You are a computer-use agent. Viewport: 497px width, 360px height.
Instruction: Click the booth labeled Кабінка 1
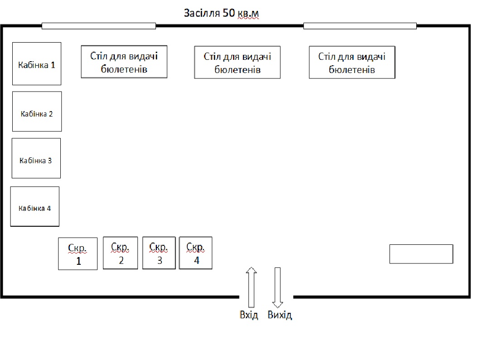(37, 63)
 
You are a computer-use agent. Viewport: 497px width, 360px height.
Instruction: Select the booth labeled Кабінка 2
(37, 112)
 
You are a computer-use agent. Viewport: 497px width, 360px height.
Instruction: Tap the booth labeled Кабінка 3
(36, 158)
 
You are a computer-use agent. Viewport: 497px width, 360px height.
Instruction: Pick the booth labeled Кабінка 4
(35, 206)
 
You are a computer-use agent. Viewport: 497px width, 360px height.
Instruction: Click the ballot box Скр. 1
(78, 254)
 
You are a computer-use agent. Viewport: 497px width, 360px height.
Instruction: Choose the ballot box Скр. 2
(121, 253)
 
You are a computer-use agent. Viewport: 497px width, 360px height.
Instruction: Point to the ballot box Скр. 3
(159, 253)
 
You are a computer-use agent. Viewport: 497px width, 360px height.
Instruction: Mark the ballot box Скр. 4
(196, 253)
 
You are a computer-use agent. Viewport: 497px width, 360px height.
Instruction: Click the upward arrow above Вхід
(251, 287)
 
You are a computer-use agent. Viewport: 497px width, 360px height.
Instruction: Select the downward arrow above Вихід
(278, 287)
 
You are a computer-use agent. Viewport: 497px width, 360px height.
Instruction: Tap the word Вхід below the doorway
(249, 315)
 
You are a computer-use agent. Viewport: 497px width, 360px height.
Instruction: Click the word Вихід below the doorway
(280, 315)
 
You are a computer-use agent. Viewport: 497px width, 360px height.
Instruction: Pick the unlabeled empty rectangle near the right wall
(421, 254)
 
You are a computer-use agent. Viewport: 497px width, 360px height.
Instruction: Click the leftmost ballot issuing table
(124, 62)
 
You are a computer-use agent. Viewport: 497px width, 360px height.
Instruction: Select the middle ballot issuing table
(237, 63)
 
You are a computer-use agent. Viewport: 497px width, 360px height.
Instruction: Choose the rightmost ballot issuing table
(352, 63)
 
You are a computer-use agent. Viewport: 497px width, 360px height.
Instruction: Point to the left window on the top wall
(99, 26)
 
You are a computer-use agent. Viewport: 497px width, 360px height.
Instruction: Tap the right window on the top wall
(360, 26)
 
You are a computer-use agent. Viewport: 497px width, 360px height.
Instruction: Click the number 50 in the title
(229, 13)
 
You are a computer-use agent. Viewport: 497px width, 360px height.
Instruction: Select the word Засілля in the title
(202, 13)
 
